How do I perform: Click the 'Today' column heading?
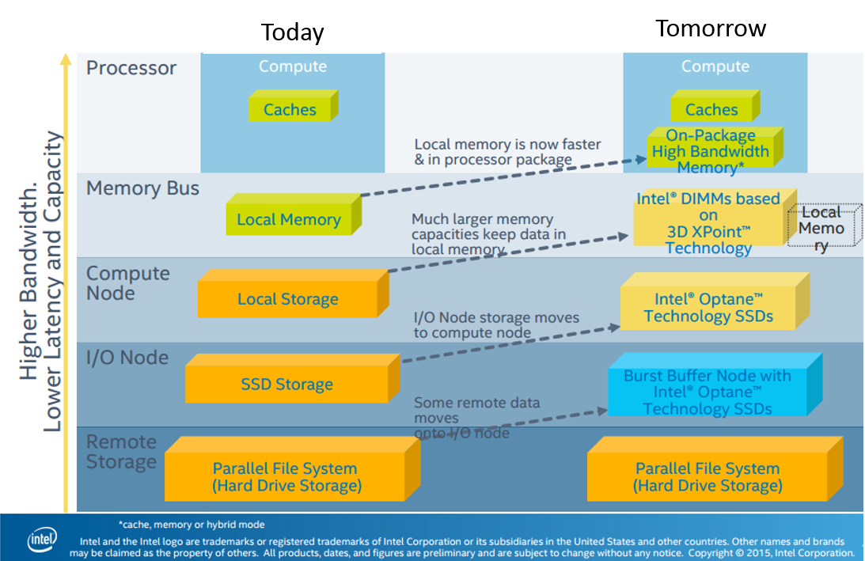tap(292, 32)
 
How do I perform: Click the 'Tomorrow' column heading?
tap(710, 28)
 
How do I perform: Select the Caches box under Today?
tap(290, 109)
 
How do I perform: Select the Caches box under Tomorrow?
tap(711, 109)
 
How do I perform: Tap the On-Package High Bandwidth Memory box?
tap(710, 151)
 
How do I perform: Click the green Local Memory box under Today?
tap(289, 219)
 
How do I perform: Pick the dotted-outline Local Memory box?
tap(822, 229)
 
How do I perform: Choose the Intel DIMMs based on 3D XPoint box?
tap(708, 223)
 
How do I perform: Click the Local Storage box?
tap(287, 299)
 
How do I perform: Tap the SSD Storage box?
tap(286, 385)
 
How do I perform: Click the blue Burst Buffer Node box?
tap(707, 392)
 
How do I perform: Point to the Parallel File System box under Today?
tap(285, 477)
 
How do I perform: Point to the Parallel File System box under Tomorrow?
tap(707, 477)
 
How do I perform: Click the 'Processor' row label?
tap(131, 68)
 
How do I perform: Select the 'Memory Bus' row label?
tap(142, 188)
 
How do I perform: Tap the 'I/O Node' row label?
tap(127, 358)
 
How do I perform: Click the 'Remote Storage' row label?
tap(121, 452)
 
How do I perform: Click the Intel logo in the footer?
tap(42, 540)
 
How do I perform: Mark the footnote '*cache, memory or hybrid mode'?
tap(191, 525)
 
